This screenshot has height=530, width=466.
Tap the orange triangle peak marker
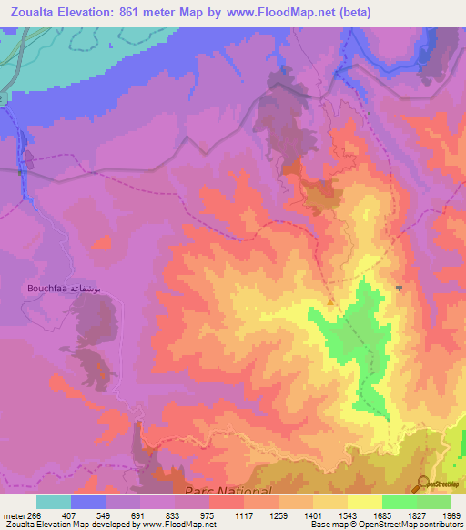point(330,301)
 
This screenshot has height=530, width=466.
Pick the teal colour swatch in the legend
point(53,502)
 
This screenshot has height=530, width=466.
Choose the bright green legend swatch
point(399,502)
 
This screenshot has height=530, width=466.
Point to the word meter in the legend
point(12,515)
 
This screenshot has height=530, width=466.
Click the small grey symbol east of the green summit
point(399,289)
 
